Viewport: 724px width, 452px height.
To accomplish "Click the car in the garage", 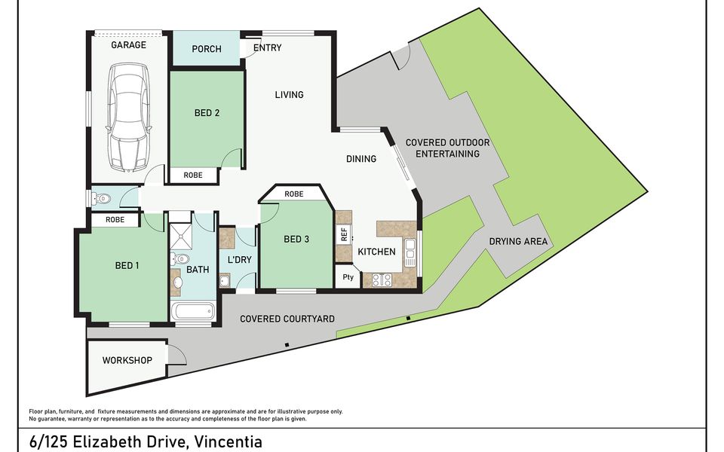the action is coord(129,118).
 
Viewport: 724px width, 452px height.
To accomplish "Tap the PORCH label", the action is coord(207,49).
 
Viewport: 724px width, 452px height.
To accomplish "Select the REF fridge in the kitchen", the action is coord(344,234).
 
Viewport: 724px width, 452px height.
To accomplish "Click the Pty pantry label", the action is coord(348,277).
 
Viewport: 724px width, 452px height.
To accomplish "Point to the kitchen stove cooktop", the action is coord(382,279).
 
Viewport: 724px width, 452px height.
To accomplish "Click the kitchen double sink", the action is coord(410,253).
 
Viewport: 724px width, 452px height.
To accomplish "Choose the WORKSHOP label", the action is coord(127,360).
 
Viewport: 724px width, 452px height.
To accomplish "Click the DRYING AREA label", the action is coord(518,241).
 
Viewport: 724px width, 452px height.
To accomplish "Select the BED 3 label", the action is coord(296,239).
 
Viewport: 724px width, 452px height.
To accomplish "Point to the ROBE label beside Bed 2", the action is coord(193,176).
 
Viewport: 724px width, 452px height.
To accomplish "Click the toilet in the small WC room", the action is coord(101,199).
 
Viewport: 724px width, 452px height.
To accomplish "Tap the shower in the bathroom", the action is coord(180,236).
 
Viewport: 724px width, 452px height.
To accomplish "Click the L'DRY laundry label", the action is coord(240,260).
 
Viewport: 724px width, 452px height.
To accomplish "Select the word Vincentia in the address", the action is coord(228,441).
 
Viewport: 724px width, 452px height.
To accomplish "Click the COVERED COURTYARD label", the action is coord(287,319).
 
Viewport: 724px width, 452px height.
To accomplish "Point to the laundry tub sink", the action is coord(225,280).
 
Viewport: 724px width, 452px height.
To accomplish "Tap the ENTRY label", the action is coord(267,47).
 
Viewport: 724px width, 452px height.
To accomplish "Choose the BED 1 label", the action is coord(127,266).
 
